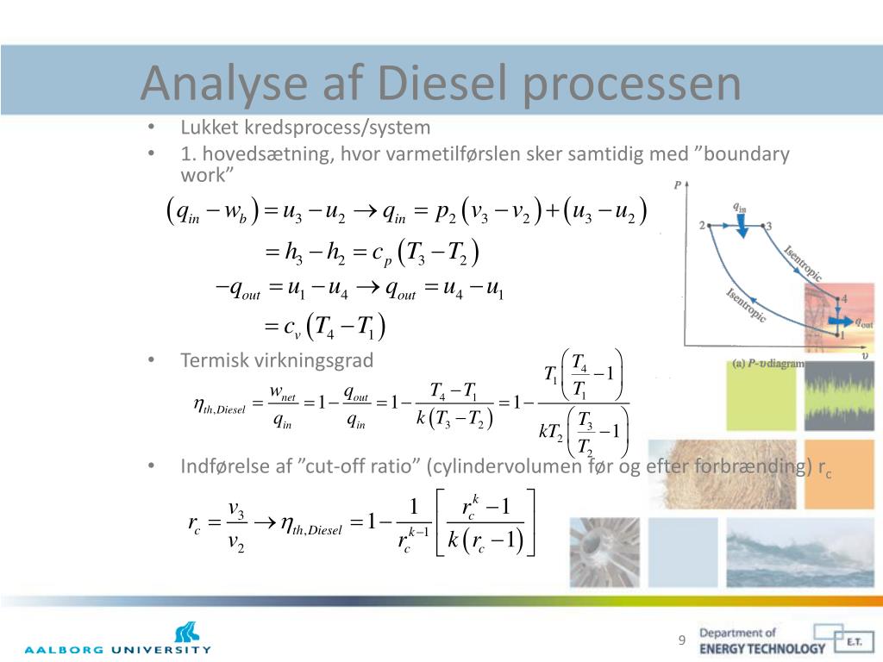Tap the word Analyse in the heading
point(224,84)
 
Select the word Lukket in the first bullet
point(210,128)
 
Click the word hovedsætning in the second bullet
point(266,154)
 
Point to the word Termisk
point(215,360)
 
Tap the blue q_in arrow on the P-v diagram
point(742,228)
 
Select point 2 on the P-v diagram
point(709,225)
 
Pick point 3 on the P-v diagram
point(763,226)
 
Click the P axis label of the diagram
point(678,185)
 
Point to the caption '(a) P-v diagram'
point(768,364)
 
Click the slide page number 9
point(682,640)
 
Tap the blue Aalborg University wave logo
point(186,633)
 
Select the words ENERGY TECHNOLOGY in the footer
point(762,648)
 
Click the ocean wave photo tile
point(800,553)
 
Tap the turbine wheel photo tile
point(604,553)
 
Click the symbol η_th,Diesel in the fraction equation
point(219,405)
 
